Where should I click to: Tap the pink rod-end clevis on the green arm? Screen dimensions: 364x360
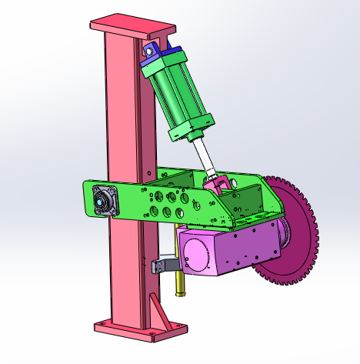click(x=220, y=184)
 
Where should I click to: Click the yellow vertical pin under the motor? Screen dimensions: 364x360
click(x=180, y=286)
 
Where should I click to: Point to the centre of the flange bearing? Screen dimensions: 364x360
click(x=101, y=202)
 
